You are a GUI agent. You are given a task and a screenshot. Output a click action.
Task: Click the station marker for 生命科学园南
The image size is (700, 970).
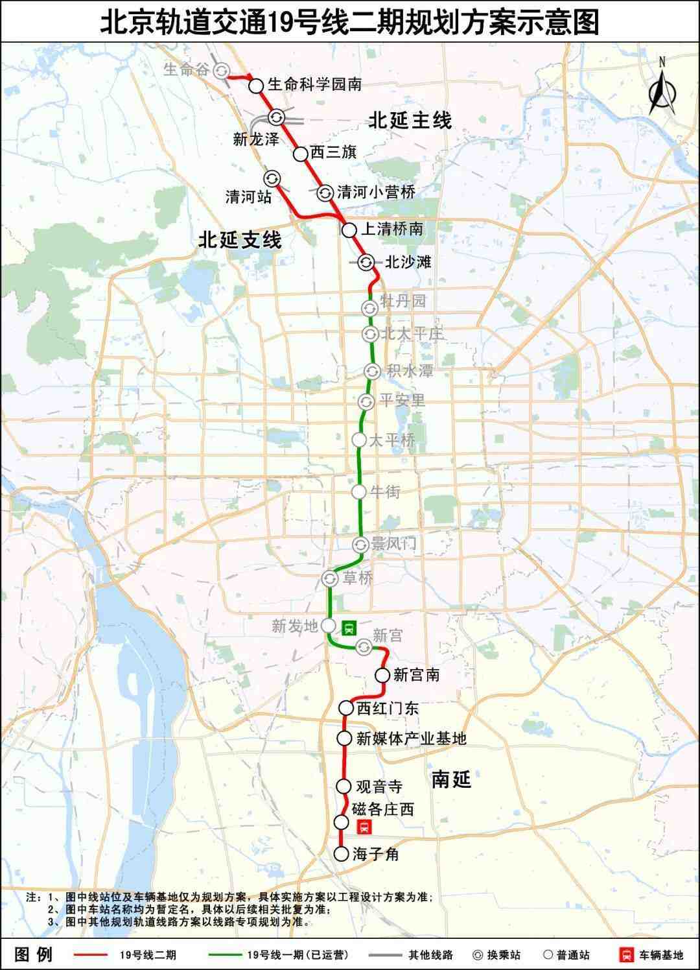[256, 85]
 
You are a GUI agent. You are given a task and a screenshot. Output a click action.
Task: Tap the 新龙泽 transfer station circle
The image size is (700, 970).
[277, 117]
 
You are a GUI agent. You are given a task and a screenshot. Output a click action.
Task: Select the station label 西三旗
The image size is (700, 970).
[333, 152]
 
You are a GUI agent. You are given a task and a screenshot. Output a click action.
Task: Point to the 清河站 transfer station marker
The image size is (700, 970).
[271, 178]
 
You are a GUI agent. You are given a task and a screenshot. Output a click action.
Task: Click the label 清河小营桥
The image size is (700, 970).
[376, 192]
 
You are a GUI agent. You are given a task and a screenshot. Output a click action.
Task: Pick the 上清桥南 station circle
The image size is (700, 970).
[349, 230]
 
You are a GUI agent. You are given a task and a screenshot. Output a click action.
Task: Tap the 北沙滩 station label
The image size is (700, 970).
[408, 262]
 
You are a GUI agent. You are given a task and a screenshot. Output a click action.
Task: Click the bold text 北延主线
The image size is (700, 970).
[410, 121]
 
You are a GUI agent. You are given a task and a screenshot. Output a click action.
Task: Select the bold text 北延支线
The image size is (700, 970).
[240, 241]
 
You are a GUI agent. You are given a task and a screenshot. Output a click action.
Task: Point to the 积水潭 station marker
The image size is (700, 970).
[372, 371]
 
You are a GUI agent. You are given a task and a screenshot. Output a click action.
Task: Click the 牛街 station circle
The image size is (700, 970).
[359, 491]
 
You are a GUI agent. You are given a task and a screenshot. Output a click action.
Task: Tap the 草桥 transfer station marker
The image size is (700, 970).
[330, 578]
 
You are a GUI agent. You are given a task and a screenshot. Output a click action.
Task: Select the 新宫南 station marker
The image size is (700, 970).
[382, 675]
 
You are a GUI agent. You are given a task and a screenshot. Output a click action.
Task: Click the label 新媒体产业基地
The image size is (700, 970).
[411, 738]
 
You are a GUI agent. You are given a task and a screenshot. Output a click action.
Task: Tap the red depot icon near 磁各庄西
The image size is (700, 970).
[364, 827]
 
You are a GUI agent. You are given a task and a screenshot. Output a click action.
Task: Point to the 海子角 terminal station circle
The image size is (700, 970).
[342, 854]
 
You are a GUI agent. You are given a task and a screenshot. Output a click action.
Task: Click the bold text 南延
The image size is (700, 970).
[451, 779]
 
